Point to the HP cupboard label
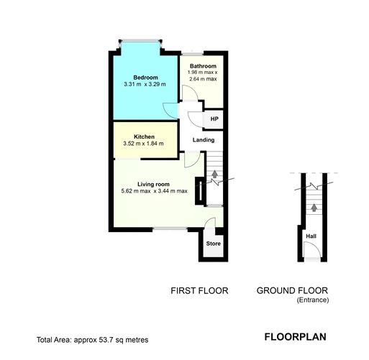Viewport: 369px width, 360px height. point(214,119)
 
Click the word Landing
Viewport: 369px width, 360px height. point(204,139)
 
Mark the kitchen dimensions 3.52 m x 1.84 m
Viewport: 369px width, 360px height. point(144,144)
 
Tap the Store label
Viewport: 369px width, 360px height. point(214,244)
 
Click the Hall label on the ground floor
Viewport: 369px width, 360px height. point(311,236)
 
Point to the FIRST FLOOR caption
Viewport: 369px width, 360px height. point(199,291)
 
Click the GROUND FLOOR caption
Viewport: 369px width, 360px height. point(292,291)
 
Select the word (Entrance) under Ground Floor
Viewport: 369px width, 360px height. point(312,300)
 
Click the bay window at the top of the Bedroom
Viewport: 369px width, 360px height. point(141,42)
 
